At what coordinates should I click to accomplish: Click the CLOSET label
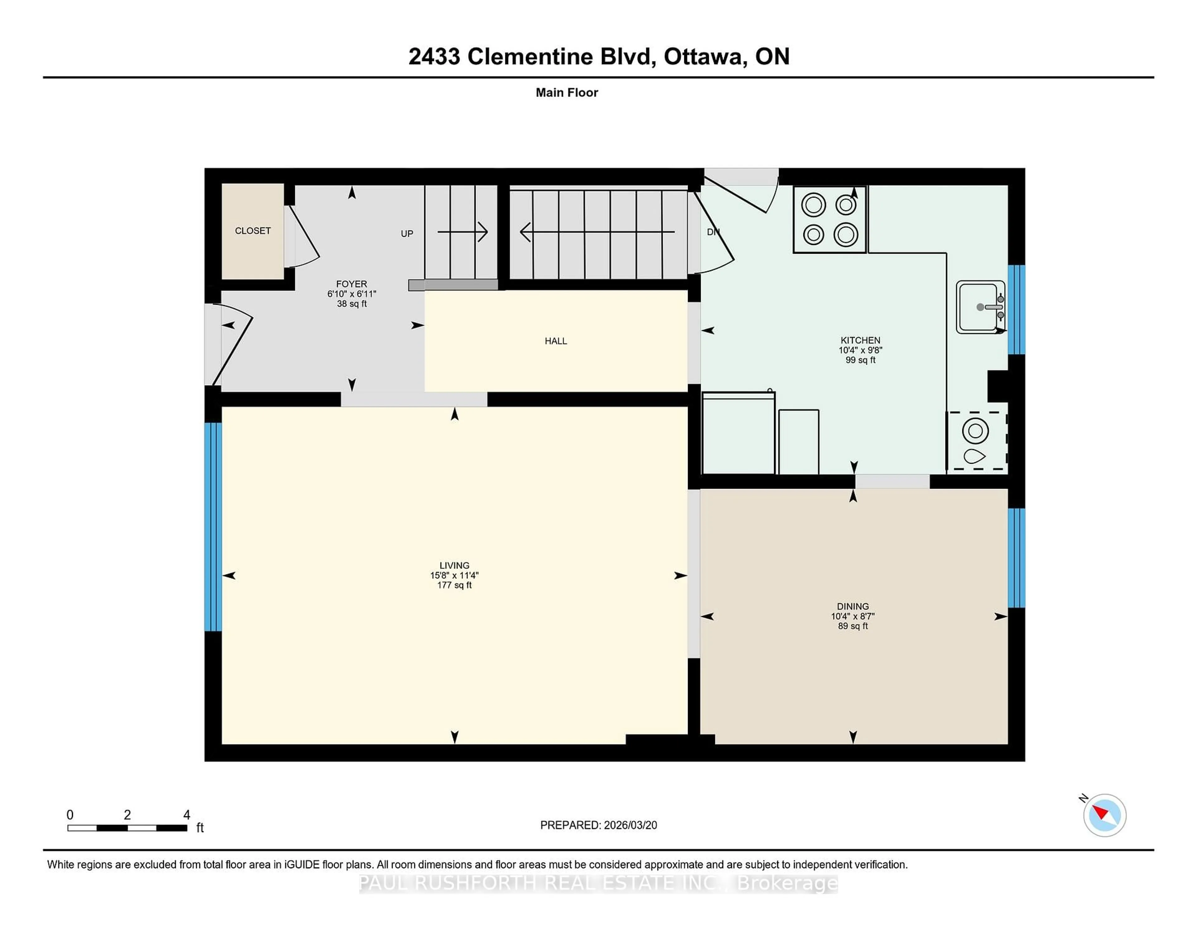[253, 231]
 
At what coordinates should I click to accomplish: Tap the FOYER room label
[351, 284]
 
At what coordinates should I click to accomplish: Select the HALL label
[555, 341]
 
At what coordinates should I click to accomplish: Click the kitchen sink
[980, 307]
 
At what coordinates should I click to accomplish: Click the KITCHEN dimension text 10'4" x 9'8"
[860, 350]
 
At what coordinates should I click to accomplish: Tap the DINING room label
[852, 606]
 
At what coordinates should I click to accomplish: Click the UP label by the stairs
[407, 233]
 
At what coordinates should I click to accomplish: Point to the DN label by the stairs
[713, 232]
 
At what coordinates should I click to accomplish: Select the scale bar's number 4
[186, 815]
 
